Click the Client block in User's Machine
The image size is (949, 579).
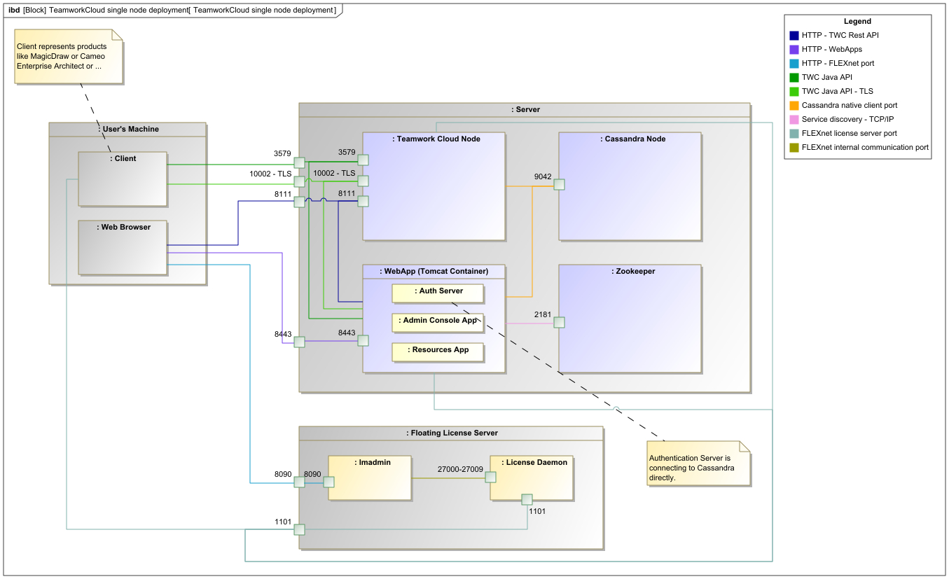pos(123,179)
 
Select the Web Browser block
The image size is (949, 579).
pos(123,248)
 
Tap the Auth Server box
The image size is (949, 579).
pos(438,293)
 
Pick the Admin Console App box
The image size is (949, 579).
pos(438,322)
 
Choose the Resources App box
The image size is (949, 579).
pos(438,351)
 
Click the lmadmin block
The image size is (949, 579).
pos(370,478)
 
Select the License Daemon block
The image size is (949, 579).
pos(532,478)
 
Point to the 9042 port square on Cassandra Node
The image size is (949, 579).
pos(559,185)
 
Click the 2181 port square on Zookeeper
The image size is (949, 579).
pos(559,323)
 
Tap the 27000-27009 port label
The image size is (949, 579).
pos(460,469)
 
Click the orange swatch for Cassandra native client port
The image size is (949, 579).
pos(794,106)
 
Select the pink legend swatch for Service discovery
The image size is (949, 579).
pos(794,120)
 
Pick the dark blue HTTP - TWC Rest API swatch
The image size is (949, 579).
pos(794,36)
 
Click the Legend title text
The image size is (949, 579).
pos(857,22)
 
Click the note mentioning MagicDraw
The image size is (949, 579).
pos(69,57)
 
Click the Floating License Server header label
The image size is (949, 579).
pos(452,433)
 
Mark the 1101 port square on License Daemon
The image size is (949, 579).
pos(527,500)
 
